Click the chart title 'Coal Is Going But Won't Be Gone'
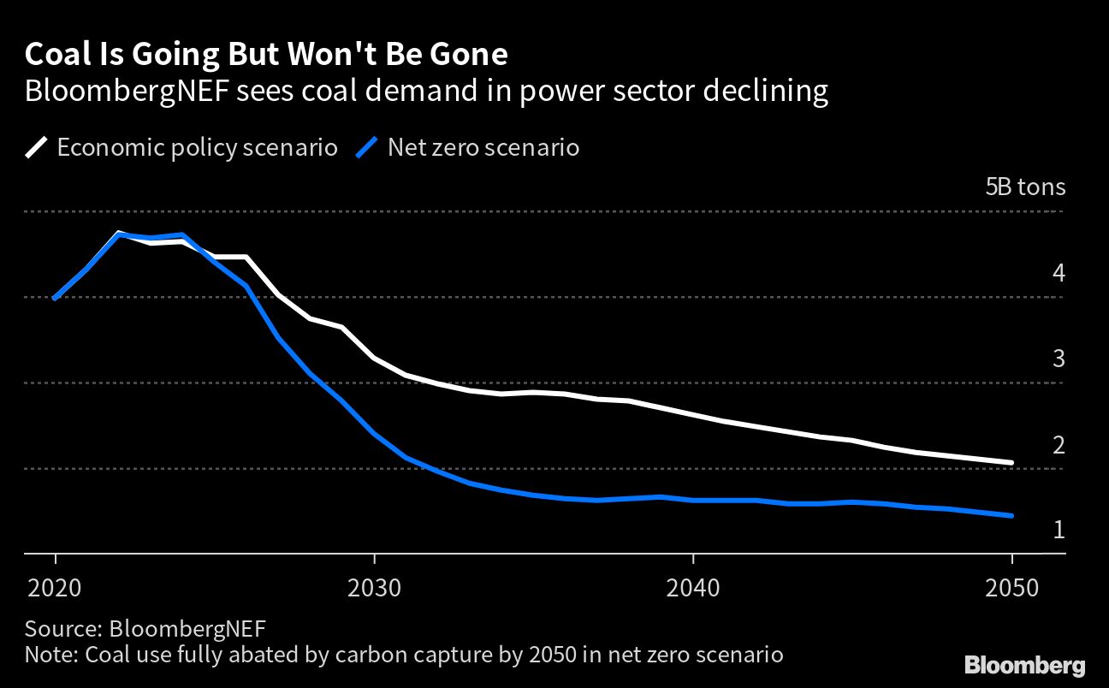pyautogui.click(x=266, y=55)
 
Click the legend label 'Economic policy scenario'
pyautogui.click(x=197, y=147)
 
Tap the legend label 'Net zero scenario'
pyautogui.click(x=483, y=147)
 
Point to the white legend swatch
pyautogui.click(x=37, y=147)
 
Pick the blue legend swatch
pyautogui.click(x=366, y=147)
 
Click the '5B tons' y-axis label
pyautogui.click(x=1025, y=187)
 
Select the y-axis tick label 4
pyautogui.click(x=1059, y=274)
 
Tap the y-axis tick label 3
pyautogui.click(x=1059, y=359)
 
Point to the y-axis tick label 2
pyautogui.click(x=1059, y=445)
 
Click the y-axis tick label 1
pyautogui.click(x=1059, y=530)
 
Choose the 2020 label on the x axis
pyautogui.click(x=56, y=589)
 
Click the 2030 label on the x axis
pyautogui.click(x=374, y=589)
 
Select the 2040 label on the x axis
pyautogui.click(x=692, y=589)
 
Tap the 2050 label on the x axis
pyautogui.click(x=1011, y=589)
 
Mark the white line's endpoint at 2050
pyautogui.click(x=1011, y=462)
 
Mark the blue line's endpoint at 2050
pyautogui.click(x=1011, y=515)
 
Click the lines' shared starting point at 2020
pyautogui.click(x=56, y=298)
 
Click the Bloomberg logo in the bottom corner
pyautogui.click(x=1024, y=665)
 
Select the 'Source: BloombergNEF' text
pyautogui.click(x=145, y=628)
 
